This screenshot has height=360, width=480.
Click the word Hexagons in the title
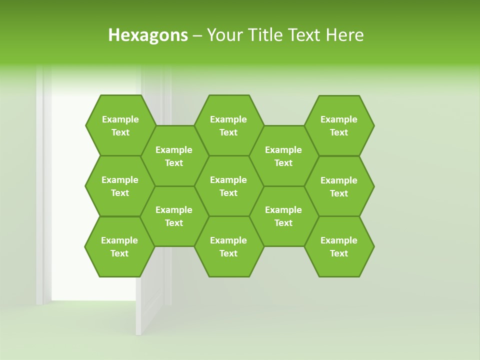tap(148, 35)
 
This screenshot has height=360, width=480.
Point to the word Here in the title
tap(344, 35)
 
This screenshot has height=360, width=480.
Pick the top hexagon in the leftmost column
tap(120, 125)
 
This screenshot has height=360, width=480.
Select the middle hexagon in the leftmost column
tap(120, 186)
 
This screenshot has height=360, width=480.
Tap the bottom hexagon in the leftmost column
tap(119, 246)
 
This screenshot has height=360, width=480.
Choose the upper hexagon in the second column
tap(174, 156)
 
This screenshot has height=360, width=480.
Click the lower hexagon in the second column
tap(174, 216)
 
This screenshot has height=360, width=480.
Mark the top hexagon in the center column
tap(228, 125)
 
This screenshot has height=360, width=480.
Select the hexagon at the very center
tap(228, 186)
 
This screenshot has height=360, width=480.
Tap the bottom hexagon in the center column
tap(228, 246)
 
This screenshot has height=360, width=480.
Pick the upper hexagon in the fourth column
tap(283, 156)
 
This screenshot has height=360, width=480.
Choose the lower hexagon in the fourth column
tap(283, 216)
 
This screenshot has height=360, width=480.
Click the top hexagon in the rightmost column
tap(339, 125)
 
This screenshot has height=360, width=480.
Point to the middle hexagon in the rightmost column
tap(339, 186)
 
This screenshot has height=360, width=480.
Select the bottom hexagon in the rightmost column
tap(339, 246)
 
